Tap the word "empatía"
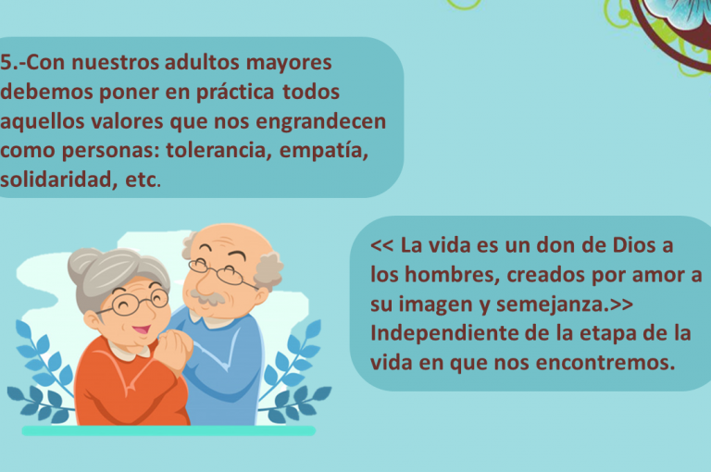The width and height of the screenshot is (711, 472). [x=324, y=151]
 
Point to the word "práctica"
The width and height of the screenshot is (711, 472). [x=235, y=92]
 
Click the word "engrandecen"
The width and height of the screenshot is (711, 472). [x=320, y=122]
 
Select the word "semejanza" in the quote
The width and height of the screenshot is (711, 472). [x=550, y=304]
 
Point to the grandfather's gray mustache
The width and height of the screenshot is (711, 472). [x=207, y=297]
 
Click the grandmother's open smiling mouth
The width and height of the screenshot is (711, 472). [x=141, y=329]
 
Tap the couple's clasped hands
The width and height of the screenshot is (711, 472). [x=173, y=348]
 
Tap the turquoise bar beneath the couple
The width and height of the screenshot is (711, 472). [x=168, y=430]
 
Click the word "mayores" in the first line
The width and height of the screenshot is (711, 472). [x=289, y=63]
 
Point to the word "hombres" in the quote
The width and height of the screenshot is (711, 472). [x=452, y=275]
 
